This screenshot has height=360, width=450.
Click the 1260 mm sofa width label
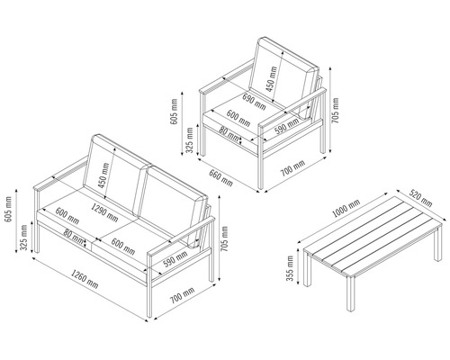85,279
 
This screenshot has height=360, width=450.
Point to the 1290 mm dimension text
104,212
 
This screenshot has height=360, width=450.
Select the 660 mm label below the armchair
220,178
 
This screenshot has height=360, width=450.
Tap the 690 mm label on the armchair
254,102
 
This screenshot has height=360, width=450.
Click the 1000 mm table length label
346,208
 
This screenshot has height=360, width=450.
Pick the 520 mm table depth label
421,198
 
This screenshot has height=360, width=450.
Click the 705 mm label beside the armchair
335,111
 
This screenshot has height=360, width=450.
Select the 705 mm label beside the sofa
224,238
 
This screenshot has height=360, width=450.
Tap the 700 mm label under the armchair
292,168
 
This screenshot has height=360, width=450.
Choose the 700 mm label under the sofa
182,295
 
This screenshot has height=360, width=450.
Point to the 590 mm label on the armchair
287,126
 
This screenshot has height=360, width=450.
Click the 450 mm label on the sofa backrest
103,175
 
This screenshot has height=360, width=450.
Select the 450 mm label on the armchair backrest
271,79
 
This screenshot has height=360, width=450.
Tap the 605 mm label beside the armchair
174,112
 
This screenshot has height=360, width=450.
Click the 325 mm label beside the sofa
23,238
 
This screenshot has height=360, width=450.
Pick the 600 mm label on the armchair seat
238,118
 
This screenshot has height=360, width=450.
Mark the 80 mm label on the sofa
73,237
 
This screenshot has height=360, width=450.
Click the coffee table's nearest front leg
350,293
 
